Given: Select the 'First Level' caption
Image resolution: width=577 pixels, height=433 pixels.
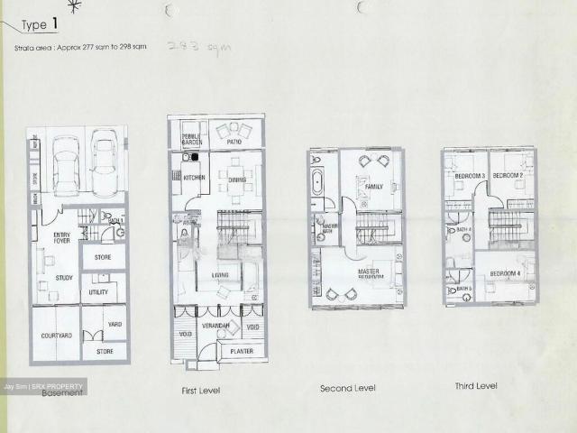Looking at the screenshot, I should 201,391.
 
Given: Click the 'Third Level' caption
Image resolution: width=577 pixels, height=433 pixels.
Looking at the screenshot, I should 474,386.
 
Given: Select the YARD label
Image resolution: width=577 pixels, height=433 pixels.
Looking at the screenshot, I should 114,324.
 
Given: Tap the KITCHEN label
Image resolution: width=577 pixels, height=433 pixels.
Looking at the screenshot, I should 193,178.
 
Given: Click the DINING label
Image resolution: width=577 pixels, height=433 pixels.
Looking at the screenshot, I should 238,180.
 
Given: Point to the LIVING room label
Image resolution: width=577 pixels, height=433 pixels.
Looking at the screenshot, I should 220,276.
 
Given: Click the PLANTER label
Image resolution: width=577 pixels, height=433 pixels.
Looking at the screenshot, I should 239,350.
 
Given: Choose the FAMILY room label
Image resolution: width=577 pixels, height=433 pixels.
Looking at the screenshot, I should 374,188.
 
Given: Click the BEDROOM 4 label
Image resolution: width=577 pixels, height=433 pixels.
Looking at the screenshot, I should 505,273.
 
